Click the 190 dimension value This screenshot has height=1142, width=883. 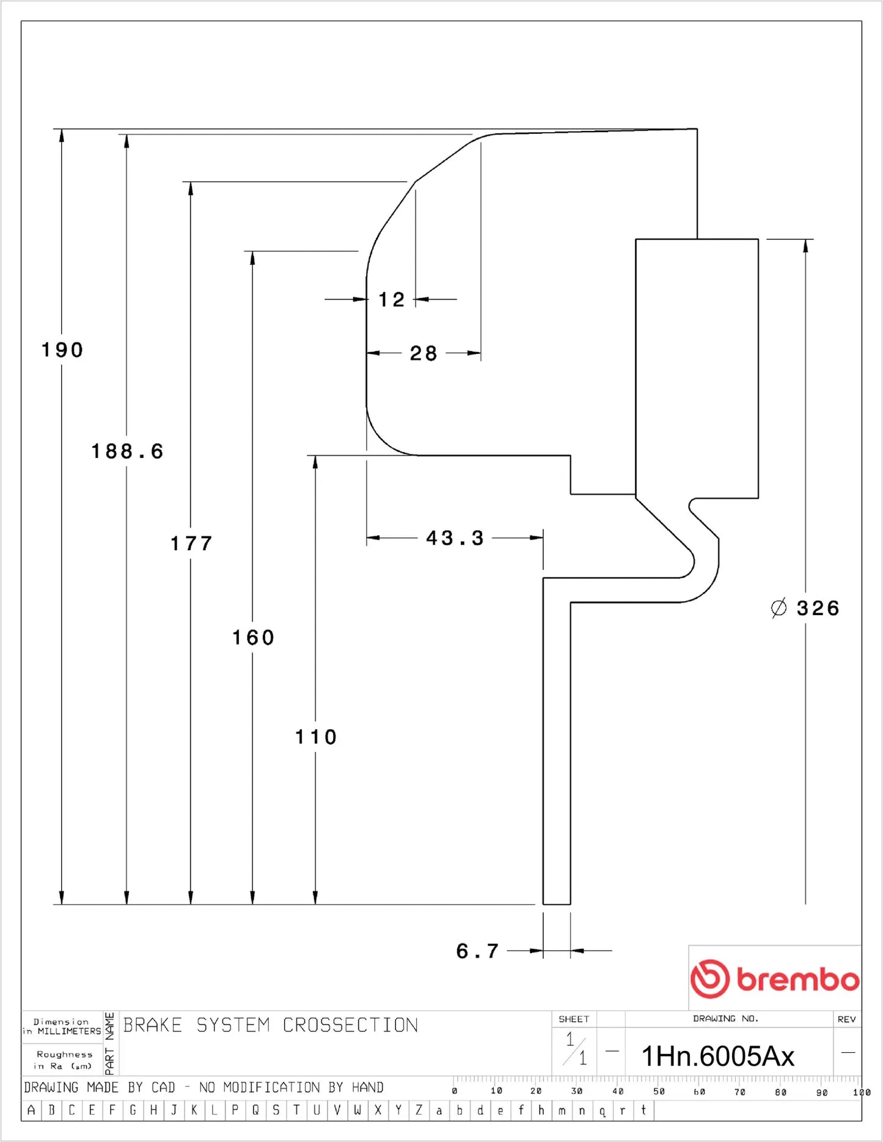62,350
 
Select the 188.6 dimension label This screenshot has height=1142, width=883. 127,452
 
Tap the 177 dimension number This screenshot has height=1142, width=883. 191,543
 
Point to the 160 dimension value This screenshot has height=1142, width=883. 253,638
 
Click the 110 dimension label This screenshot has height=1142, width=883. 316,737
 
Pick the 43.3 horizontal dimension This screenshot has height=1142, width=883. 455,539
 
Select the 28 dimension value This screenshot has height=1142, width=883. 423,353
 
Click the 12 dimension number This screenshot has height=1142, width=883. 391,300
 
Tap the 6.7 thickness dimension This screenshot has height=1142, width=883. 477,951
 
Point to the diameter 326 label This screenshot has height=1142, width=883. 805,608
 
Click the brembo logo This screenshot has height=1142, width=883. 774,979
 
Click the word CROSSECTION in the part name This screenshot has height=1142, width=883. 350,1025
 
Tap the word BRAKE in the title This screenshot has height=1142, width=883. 153,1025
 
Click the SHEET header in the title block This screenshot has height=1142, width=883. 574,1019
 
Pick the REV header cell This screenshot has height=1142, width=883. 846,1019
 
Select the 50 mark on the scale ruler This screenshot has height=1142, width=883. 659,1091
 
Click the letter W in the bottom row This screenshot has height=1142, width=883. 357,1110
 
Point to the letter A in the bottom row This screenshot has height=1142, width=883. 31,1110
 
